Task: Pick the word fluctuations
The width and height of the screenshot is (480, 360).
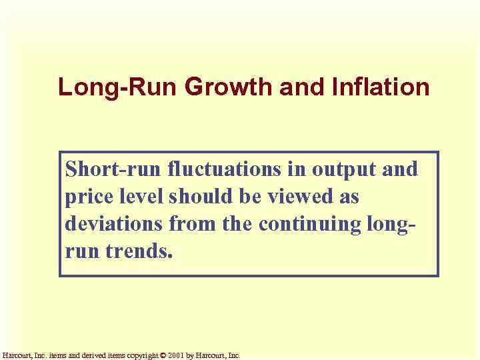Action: [224, 169]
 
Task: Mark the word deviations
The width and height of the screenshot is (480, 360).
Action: [113, 224]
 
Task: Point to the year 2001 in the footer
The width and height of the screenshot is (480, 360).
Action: [176, 355]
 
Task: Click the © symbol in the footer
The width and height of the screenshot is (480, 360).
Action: [163, 355]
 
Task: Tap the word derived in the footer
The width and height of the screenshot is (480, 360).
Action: [91, 355]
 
